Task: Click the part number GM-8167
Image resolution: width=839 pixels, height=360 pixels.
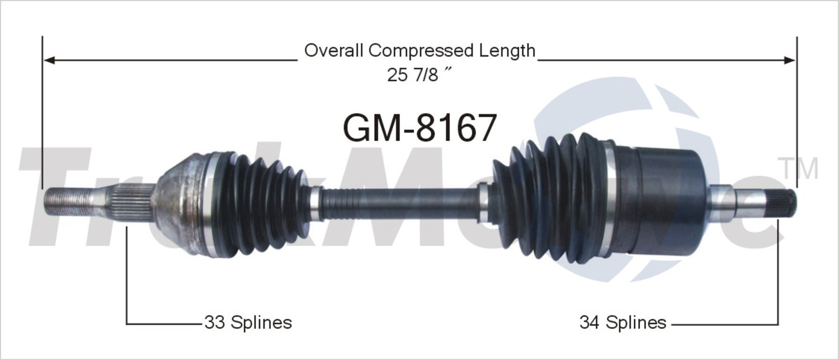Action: (x=419, y=128)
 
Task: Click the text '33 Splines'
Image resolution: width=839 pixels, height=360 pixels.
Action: (x=248, y=323)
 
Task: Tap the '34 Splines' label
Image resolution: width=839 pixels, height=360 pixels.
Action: (x=623, y=323)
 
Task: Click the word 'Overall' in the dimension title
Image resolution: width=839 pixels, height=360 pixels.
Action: (x=334, y=51)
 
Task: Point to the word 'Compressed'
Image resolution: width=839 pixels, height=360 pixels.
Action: (x=421, y=51)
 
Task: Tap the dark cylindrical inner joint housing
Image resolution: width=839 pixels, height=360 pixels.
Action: (x=660, y=201)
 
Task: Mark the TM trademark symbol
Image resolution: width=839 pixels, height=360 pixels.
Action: (x=798, y=168)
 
